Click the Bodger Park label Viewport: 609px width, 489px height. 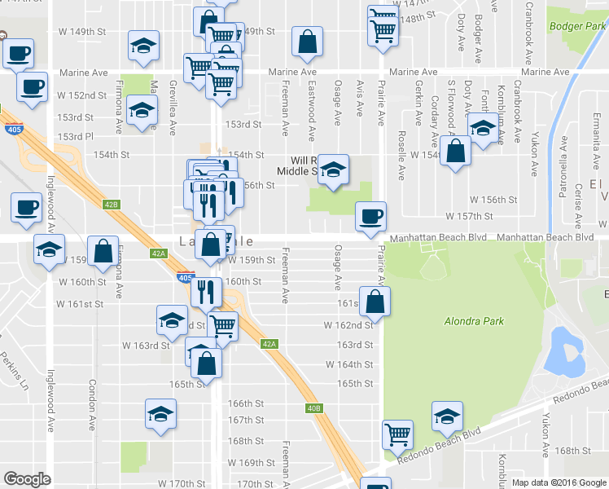pos(577,25)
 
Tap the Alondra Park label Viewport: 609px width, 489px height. pos(475,321)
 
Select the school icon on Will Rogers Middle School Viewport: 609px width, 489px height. pos(332,169)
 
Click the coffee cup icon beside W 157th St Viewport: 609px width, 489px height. pos(371,216)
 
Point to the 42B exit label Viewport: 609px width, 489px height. pos(112,205)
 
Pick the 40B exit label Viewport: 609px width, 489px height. pos(315,408)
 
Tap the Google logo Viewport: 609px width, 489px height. pos(28,479)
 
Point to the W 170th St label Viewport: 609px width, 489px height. pos(181,483)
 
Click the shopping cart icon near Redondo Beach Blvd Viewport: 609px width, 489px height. pos(397,434)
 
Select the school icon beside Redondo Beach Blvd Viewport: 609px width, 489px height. pos(446,416)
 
